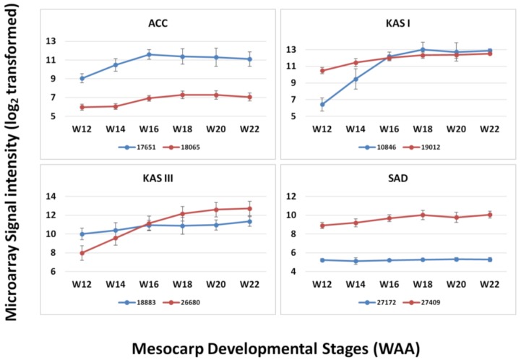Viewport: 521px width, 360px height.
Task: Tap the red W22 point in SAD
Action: pyautogui.click(x=491, y=215)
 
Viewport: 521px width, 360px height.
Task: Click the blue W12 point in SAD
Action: pyautogui.click(x=322, y=260)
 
